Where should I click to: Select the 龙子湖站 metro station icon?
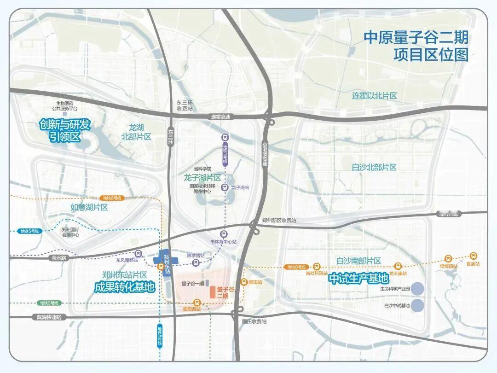225,187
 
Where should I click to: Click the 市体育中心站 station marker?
224,234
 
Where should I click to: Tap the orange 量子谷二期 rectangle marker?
212,291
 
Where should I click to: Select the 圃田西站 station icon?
197,302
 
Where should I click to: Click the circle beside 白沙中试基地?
417,305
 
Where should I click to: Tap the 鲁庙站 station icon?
474,256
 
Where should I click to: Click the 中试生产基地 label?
358,279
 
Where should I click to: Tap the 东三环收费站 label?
185,105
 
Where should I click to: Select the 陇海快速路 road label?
49,317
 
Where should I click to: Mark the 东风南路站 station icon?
138,253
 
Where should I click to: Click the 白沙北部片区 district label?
374,168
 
